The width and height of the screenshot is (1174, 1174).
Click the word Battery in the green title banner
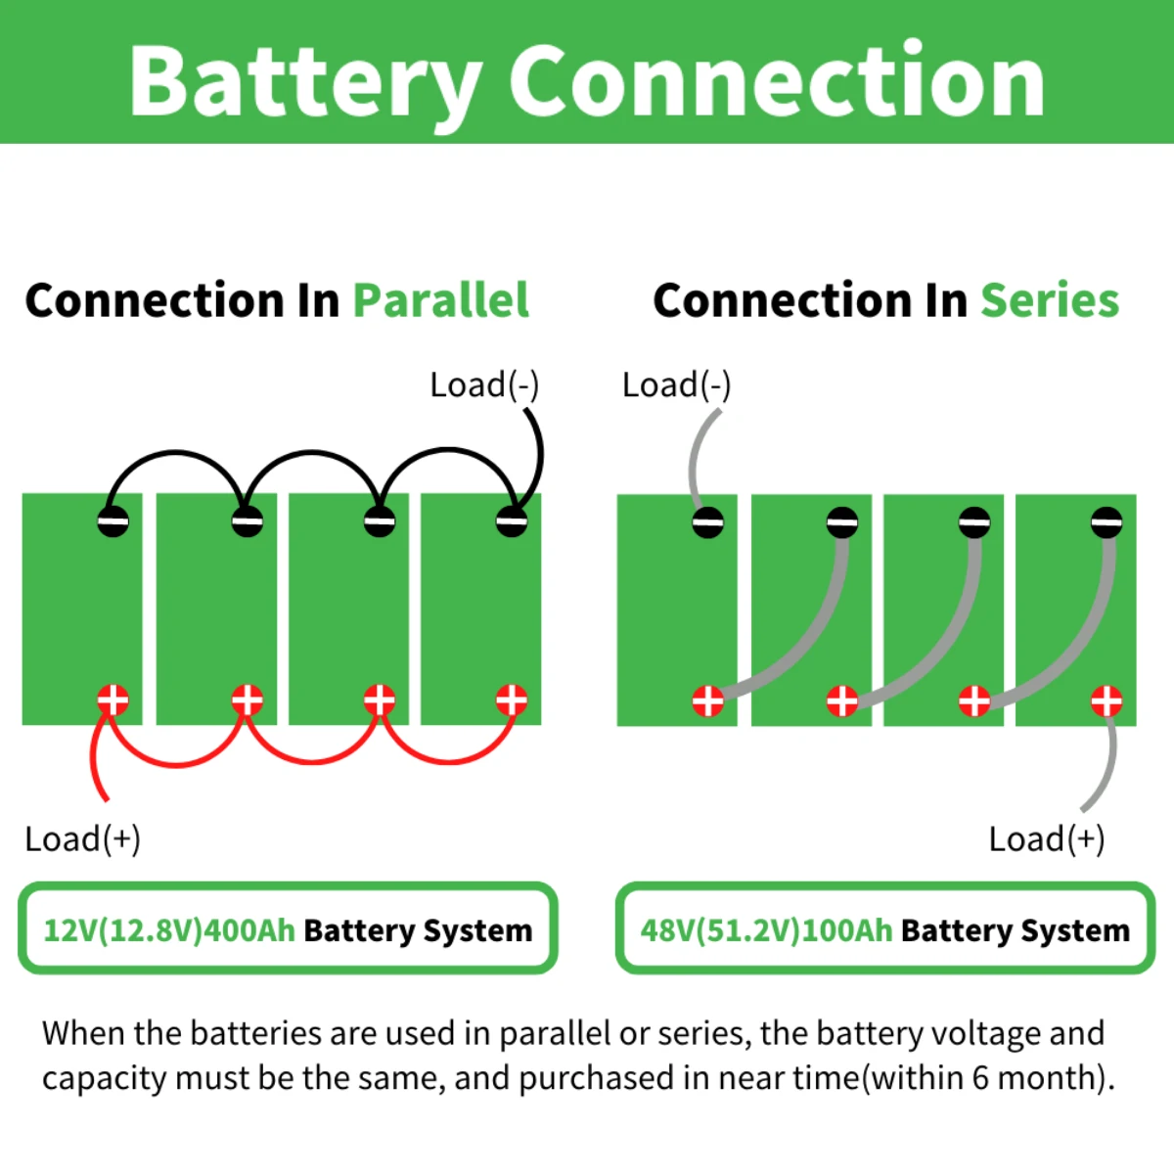(303, 83)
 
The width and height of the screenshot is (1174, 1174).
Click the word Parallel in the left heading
(440, 300)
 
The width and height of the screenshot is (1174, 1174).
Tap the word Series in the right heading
(1050, 300)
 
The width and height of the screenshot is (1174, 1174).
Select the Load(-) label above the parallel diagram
(484, 384)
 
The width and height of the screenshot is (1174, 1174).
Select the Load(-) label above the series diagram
(676, 384)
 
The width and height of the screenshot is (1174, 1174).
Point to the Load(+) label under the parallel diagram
(82, 838)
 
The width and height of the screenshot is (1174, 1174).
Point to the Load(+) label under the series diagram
(1046, 838)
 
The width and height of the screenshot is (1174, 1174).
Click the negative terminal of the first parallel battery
(113, 521)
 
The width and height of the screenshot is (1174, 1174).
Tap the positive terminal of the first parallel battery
(113, 700)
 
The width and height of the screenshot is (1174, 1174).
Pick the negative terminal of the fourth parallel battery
(512, 521)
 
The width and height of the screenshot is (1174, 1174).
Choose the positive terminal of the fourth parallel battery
(512, 700)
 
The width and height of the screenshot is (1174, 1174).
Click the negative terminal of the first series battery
(708, 522)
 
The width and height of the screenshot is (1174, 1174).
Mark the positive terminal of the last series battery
(1106, 700)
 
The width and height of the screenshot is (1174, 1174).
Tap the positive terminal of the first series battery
(708, 700)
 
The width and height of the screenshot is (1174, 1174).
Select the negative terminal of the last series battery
(1106, 522)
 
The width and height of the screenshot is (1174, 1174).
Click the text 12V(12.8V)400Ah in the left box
(169, 929)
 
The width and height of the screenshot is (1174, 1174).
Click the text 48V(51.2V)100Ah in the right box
(766, 929)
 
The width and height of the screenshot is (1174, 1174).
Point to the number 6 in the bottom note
(980, 1078)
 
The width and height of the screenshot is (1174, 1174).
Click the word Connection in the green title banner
(777, 83)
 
